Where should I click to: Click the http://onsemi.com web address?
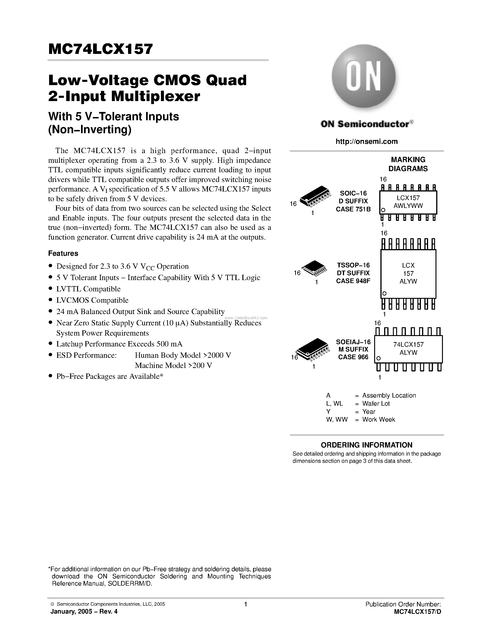coord(366,142)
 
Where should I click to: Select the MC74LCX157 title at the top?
coord(100,49)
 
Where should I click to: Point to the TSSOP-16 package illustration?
coord(315,268)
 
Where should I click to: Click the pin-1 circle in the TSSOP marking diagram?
coord(384,293)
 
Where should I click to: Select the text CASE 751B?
coord(353,209)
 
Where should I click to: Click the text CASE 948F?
coord(353,281)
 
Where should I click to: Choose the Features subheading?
coord(63,253)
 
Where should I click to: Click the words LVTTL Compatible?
coord(88,289)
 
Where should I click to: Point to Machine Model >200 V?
coord(173,365)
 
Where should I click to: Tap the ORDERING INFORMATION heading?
coord(366,445)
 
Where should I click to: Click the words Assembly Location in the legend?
coord(389,395)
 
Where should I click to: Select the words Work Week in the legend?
coord(379,419)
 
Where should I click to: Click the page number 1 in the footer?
coord(246,604)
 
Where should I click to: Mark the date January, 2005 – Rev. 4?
coord(84,611)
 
